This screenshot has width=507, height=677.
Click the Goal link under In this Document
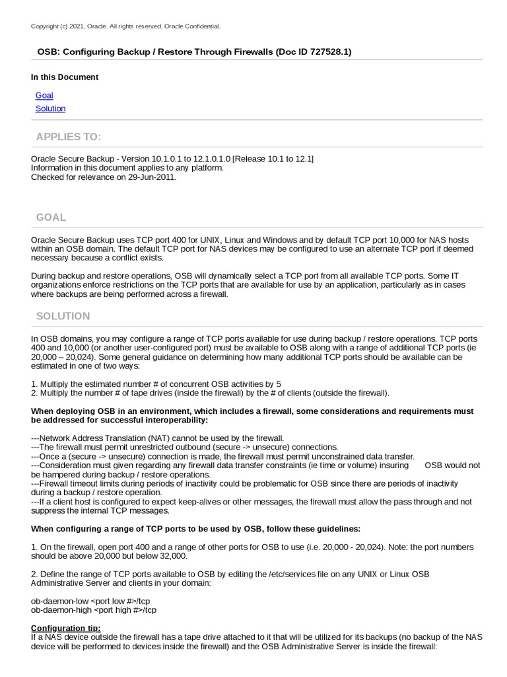click(x=44, y=95)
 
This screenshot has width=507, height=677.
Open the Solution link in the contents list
click(x=50, y=108)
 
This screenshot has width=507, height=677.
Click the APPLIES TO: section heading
click(x=69, y=137)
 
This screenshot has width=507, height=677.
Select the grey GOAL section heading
click(x=51, y=218)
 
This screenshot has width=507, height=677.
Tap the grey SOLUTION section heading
click(x=63, y=316)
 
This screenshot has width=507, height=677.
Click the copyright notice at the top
click(x=125, y=26)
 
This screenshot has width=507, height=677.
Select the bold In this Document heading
click(x=65, y=77)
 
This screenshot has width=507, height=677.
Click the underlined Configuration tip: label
click(x=66, y=627)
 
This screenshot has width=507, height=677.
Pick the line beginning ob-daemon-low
click(x=90, y=600)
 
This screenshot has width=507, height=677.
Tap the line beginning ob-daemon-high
click(x=93, y=610)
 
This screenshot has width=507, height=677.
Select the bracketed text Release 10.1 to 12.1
click(x=273, y=159)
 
